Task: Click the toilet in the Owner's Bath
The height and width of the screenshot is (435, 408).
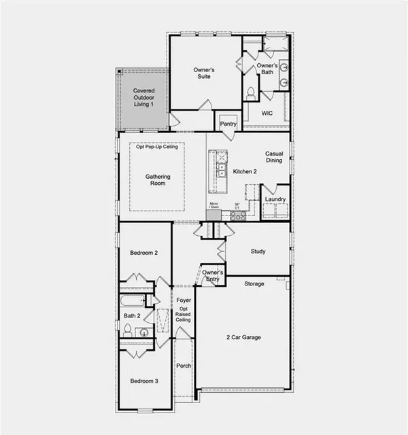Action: click(250, 92)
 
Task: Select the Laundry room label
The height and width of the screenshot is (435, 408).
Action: click(275, 199)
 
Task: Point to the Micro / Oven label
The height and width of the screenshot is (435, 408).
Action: click(214, 205)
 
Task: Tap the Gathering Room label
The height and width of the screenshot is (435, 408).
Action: click(157, 180)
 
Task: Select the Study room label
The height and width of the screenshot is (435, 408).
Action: click(258, 251)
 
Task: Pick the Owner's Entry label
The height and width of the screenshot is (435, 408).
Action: click(214, 275)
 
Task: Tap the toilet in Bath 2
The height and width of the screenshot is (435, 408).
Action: click(126, 330)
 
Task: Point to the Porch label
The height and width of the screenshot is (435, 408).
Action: click(184, 366)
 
